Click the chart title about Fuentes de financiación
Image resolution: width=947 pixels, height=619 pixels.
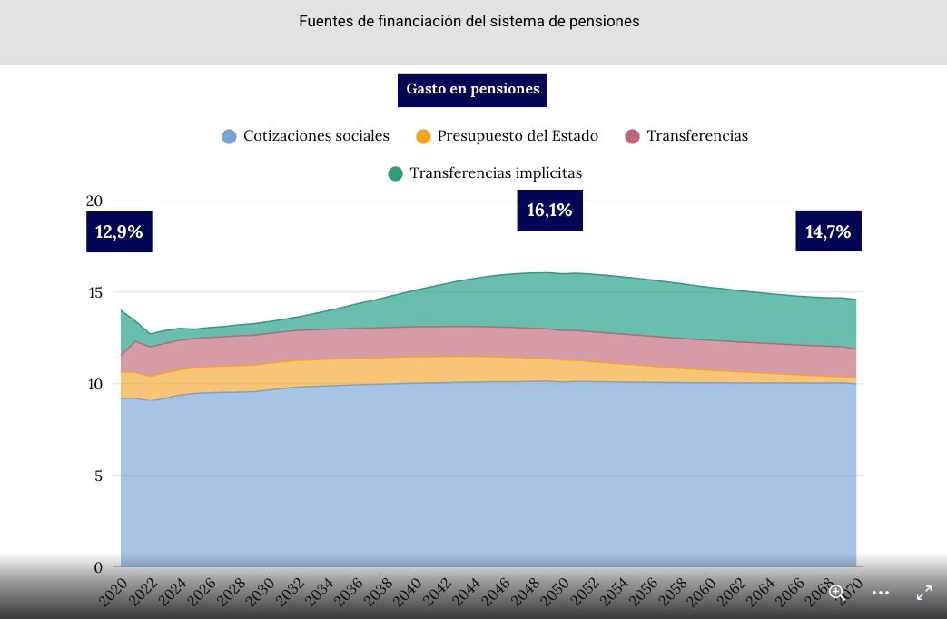coord(469,21)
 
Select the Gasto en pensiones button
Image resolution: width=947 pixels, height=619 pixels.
coord(472,90)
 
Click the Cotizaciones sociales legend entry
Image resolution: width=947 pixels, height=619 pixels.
coord(306,136)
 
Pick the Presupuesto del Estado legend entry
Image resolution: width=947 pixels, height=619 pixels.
coord(507,136)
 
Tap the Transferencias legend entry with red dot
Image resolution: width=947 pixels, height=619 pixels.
coord(686,136)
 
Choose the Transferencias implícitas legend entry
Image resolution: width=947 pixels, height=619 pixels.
coord(485,172)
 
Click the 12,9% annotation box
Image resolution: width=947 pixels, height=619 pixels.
coord(119,231)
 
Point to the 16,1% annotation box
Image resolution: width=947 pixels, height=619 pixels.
coord(549,211)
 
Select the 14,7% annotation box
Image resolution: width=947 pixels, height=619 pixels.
coord(828,231)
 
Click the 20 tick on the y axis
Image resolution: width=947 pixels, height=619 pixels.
coord(94,201)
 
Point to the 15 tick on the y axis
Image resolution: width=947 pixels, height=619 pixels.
coord(94,292)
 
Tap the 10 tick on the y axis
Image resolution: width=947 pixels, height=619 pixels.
coord(94,384)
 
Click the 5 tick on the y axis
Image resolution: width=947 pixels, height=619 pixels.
coord(98,476)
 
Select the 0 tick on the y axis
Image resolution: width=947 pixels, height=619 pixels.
coord(98,567)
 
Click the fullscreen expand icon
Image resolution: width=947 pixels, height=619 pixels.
coord(923,593)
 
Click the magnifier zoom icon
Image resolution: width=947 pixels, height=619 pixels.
coord(836,593)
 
